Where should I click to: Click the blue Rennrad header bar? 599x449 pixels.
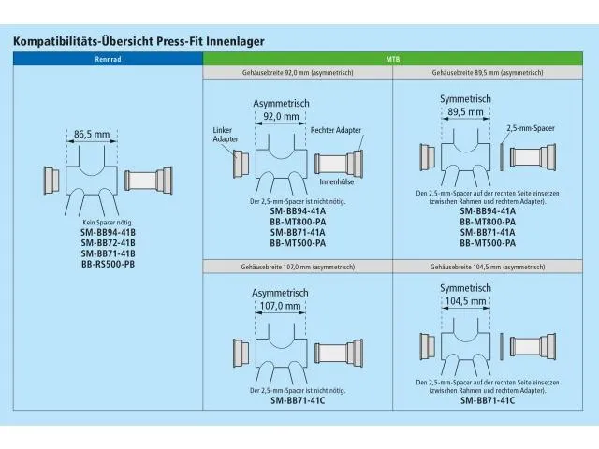click(x=108, y=59)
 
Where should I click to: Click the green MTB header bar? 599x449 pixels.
click(x=393, y=59)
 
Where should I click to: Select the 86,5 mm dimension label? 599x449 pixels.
click(x=92, y=135)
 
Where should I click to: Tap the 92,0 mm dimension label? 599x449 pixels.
click(x=281, y=116)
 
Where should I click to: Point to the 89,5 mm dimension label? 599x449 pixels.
click(x=465, y=112)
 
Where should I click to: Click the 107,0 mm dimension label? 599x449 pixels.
click(x=281, y=306)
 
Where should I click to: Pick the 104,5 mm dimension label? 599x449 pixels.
click(x=465, y=301)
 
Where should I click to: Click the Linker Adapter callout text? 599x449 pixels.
click(x=226, y=135)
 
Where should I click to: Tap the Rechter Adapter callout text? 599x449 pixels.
click(x=336, y=130)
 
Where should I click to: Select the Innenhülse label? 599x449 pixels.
click(x=337, y=182)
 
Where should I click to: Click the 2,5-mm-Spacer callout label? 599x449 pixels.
click(x=531, y=128)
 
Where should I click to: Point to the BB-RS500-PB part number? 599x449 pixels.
click(x=109, y=264)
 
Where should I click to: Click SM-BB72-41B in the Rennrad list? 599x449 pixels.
click(x=109, y=243)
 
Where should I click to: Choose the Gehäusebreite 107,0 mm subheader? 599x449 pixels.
click(x=298, y=267)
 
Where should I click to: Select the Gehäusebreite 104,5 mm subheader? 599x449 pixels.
click(x=488, y=267)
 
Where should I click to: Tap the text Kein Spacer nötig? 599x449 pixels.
click(x=108, y=223)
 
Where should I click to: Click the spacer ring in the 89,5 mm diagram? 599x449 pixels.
click(x=502, y=157)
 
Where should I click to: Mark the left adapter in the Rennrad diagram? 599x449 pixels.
click(x=51, y=181)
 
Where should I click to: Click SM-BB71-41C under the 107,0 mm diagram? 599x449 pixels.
click(x=298, y=400)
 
